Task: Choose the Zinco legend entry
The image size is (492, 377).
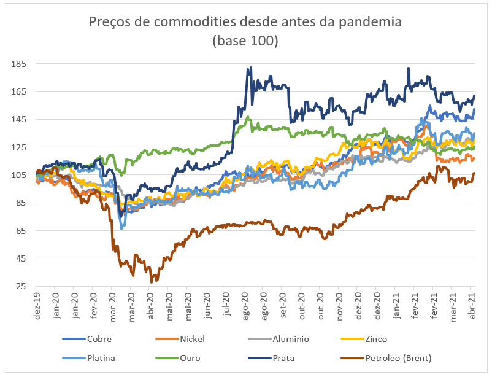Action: pyautogui.click(x=375, y=339)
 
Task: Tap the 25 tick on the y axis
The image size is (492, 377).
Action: pyautogui.click(x=20, y=287)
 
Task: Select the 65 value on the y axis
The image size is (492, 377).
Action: pyautogui.click(x=20, y=231)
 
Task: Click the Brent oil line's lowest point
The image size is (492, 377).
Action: pyautogui.click(x=151, y=282)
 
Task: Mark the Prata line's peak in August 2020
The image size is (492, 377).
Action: pyautogui.click(x=248, y=68)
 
